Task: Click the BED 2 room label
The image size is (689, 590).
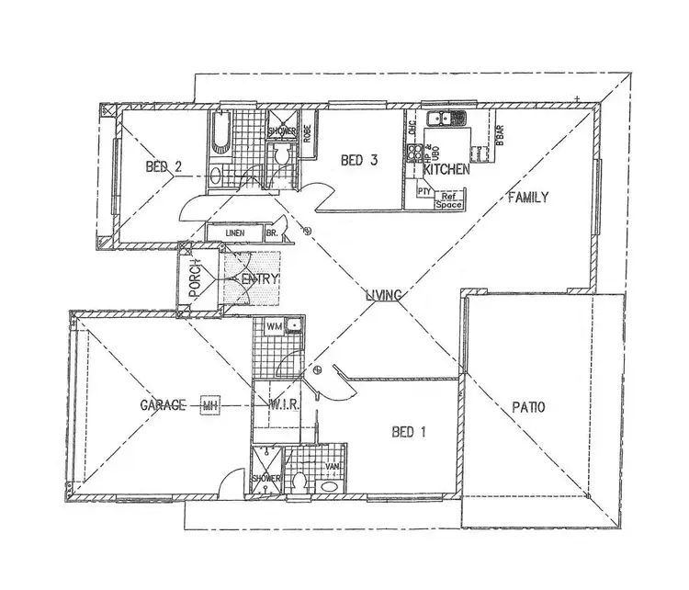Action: tap(164, 167)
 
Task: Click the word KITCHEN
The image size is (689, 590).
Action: tap(446, 170)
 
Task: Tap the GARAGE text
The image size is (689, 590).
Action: tap(164, 404)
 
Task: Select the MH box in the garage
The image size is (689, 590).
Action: tap(210, 404)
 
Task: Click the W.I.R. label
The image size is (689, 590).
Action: tap(281, 404)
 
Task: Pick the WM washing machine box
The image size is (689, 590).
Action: tap(273, 324)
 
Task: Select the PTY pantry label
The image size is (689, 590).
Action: tap(424, 192)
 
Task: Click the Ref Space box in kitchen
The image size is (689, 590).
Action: tap(449, 199)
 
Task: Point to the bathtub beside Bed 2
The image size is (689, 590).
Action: tap(218, 136)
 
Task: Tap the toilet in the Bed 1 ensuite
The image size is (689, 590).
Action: tap(299, 481)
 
